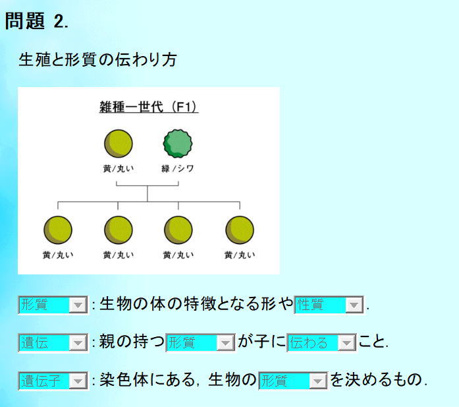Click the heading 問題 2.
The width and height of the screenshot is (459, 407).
pyautogui.click(x=37, y=21)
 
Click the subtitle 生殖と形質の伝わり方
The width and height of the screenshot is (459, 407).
pyautogui.click(x=97, y=59)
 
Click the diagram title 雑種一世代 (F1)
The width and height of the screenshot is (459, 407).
pyautogui.click(x=148, y=107)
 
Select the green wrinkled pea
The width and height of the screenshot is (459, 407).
pyautogui.click(x=178, y=144)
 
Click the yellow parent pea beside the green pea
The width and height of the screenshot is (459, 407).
pyautogui.click(x=119, y=144)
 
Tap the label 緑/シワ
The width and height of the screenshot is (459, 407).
pyautogui.click(x=178, y=169)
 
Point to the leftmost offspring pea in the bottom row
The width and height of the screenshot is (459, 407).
pyautogui.click(x=58, y=230)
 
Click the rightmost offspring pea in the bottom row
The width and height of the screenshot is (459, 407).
pyautogui.click(x=240, y=230)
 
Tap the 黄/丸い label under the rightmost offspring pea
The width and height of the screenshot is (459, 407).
pyautogui.click(x=240, y=255)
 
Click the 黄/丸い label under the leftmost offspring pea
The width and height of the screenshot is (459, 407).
pyautogui.click(x=58, y=255)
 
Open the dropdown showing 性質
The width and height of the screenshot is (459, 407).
pyautogui.click(x=329, y=305)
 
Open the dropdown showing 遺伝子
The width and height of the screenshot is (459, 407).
pyautogui.click(x=53, y=381)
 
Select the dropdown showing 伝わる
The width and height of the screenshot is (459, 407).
pyautogui.click(x=321, y=342)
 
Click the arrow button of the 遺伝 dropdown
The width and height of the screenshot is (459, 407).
pyautogui.click(x=78, y=342)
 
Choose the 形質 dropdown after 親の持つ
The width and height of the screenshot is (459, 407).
pyautogui.click(x=200, y=342)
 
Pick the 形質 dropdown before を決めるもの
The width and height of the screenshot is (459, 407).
pyautogui.click(x=293, y=381)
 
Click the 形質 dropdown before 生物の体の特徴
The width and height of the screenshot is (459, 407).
pyautogui.click(x=53, y=305)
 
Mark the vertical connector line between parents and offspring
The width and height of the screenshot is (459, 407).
pyautogui.click(x=148, y=193)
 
